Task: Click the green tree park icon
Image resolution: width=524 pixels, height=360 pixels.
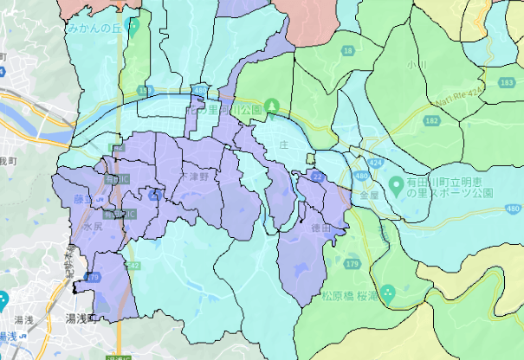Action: [273, 106]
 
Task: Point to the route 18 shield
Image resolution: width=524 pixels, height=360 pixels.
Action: [347, 52]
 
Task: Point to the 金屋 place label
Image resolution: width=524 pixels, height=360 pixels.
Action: [369, 196]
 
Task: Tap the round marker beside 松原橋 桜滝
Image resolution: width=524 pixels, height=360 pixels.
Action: [388, 293]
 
